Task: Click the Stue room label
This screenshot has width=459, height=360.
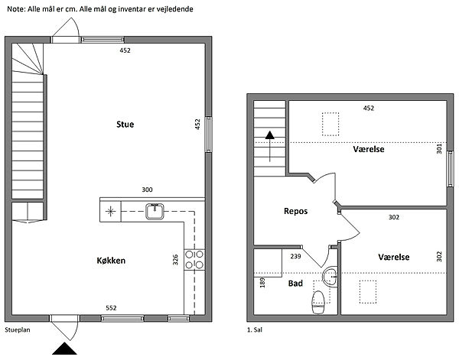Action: [x=125, y=125]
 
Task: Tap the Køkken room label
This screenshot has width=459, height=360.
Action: [x=111, y=261]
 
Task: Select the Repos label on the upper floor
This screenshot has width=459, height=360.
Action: [x=295, y=211]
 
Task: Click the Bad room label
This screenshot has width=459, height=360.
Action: [x=295, y=283]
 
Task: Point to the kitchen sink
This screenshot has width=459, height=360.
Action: [x=155, y=211]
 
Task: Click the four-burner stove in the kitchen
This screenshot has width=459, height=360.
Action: [x=194, y=259]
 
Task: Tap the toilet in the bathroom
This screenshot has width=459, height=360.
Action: [x=318, y=302]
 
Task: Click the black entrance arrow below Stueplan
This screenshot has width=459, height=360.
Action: [x=65, y=349]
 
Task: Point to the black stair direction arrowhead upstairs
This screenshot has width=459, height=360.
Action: [x=269, y=135]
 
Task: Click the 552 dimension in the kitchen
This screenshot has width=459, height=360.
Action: [x=111, y=308]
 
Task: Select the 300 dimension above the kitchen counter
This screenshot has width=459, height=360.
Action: [x=147, y=190]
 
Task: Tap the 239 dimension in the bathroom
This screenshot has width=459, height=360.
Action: [x=295, y=256]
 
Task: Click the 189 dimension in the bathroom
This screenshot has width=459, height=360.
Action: [x=262, y=283]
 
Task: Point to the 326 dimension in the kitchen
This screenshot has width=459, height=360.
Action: [x=175, y=260]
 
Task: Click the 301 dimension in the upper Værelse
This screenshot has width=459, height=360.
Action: [x=439, y=148]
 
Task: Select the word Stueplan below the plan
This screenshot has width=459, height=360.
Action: [x=18, y=330]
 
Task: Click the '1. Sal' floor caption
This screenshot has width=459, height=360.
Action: [x=255, y=330]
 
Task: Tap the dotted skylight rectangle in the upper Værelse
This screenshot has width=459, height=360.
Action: [x=330, y=124]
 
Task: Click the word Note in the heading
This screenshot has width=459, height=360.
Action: [x=15, y=9]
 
